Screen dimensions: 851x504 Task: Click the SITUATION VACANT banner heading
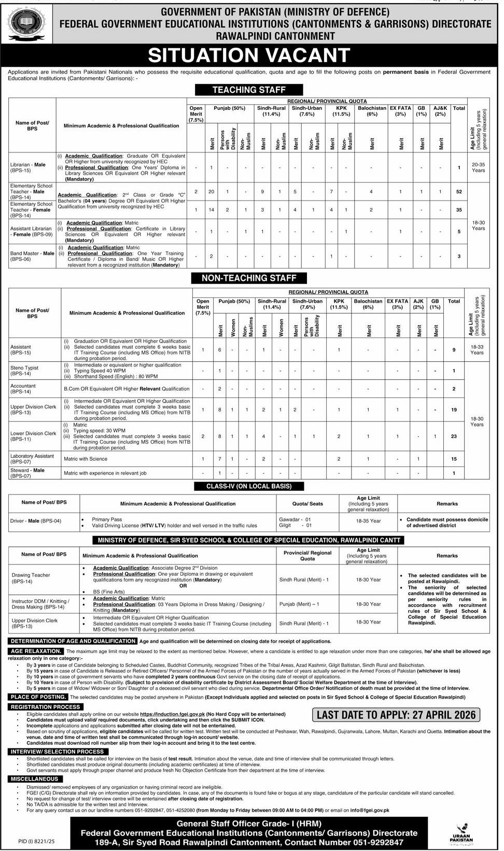[249, 55]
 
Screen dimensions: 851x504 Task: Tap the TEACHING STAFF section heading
[249, 90]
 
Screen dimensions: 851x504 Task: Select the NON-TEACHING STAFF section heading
[249, 278]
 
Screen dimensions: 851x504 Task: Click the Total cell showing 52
[459, 192]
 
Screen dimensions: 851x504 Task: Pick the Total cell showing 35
[459, 210]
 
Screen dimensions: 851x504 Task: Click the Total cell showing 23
[454, 436]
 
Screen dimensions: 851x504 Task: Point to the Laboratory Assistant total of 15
[454, 459]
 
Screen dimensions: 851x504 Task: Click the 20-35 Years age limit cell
[478, 167]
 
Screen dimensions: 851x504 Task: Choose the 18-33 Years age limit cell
[477, 350]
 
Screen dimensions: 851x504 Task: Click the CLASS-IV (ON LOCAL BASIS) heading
[249, 486]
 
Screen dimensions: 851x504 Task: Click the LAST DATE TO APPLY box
[396, 715]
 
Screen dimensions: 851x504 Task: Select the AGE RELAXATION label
[36, 651]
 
